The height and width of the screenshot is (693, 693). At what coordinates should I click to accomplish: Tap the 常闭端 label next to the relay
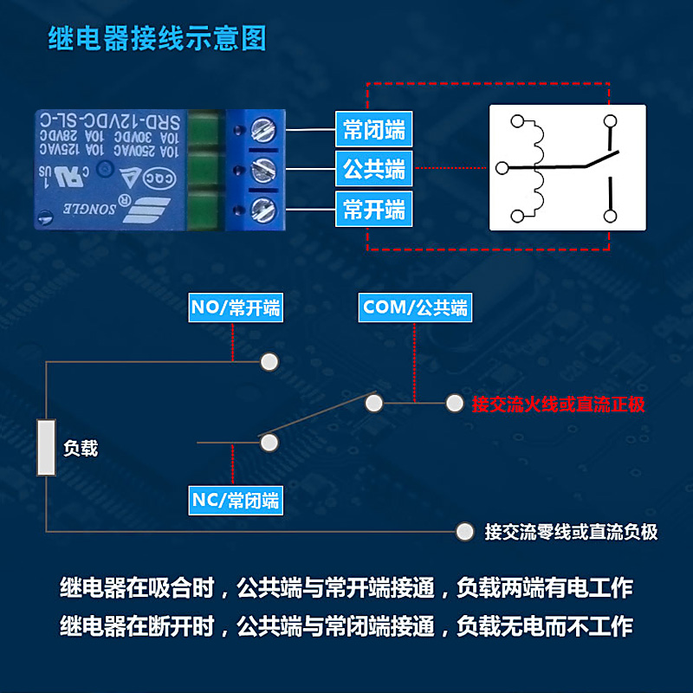click(x=373, y=130)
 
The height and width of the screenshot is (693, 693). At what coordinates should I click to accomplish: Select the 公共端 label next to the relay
click(x=373, y=169)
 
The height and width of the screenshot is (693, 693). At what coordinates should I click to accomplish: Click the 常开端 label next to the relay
click(x=373, y=209)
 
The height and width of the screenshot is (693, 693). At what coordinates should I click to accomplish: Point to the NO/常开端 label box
click(x=236, y=308)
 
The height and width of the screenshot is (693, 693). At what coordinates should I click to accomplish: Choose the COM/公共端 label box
click(x=415, y=308)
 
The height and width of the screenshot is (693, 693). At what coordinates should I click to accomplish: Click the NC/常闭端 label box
click(x=236, y=500)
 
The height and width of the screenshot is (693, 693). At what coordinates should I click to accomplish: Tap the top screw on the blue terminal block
click(x=263, y=132)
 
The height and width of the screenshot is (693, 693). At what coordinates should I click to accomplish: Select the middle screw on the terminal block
click(x=263, y=169)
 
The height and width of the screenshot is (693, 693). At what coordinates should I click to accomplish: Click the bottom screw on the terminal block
click(x=263, y=208)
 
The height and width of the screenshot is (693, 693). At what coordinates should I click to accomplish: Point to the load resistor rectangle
click(x=46, y=448)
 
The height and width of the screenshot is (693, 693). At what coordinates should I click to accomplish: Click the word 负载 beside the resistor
click(x=81, y=449)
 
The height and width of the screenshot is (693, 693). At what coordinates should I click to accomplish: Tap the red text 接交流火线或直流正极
click(x=558, y=405)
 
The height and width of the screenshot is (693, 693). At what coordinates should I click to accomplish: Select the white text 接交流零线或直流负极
click(x=572, y=532)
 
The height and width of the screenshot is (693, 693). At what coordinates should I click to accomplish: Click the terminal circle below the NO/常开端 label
click(x=270, y=361)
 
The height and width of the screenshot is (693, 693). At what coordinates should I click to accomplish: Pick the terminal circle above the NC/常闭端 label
click(x=269, y=443)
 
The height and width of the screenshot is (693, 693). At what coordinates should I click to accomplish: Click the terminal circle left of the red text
click(x=455, y=403)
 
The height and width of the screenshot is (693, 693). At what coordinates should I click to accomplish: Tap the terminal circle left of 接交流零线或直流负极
click(x=465, y=531)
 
